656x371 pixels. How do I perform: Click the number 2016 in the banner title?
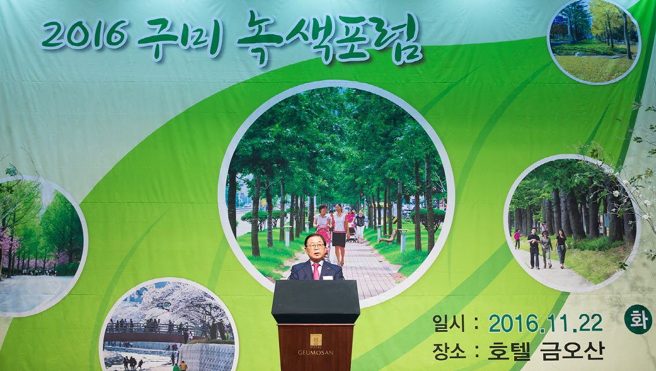pyautogui.click(x=84, y=34)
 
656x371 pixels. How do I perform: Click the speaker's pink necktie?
pyautogui.click(x=316, y=271)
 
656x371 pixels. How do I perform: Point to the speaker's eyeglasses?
pyautogui.click(x=315, y=246)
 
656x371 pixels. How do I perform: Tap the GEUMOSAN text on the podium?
pyautogui.click(x=316, y=353)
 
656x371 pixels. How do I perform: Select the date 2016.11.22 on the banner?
pyautogui.click(x=545, y=323)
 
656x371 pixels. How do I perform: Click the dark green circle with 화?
pyautogui.click(x=637, y=319)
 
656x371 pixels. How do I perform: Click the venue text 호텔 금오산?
pyautogui.click(x=545, y=351)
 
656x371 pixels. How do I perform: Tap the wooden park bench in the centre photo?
pyautogui.click(x=388, y=237)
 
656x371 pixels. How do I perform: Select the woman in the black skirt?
pyautogui.click(x=339, y=234)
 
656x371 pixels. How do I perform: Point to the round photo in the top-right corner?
pyautogui.click(x=593, y=41)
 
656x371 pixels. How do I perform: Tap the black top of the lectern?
pyautogui.click(x=316, y=301)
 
